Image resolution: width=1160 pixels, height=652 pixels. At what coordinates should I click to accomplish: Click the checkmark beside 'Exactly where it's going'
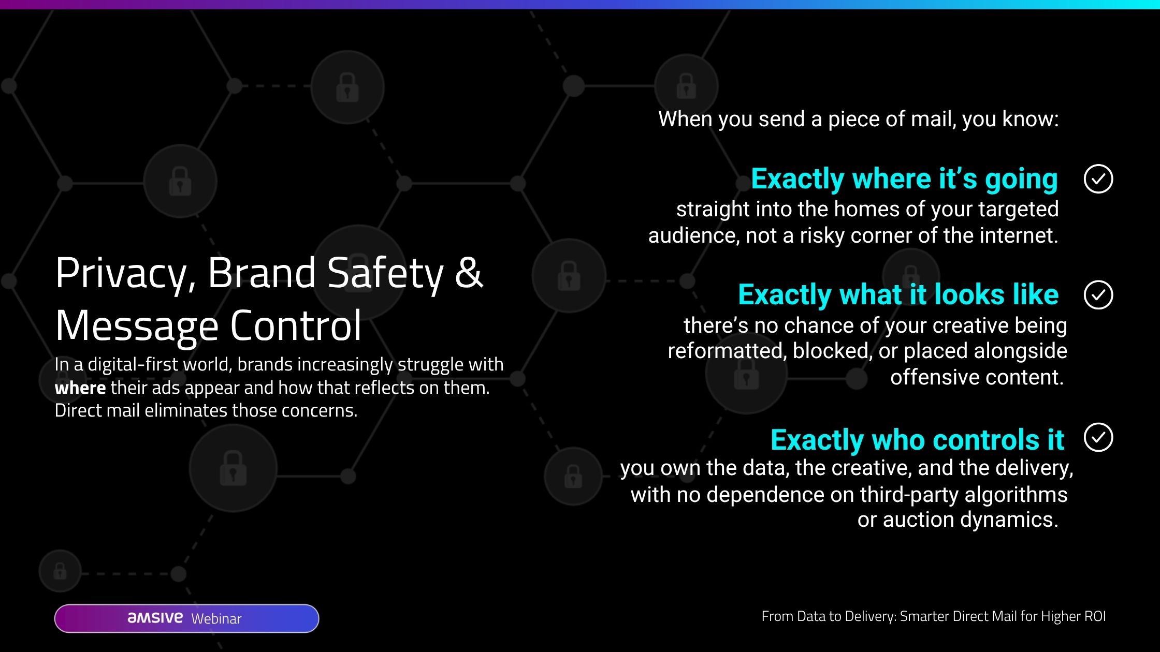pos(1098,179)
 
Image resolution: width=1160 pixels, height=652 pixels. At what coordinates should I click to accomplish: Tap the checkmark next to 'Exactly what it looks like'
pos(1098,295)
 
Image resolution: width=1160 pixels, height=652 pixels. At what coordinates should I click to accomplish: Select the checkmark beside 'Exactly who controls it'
pos(1098,437)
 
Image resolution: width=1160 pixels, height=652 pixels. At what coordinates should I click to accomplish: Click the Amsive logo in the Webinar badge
pos(155,617)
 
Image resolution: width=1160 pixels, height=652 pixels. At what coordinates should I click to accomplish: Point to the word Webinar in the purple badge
pos(216,618)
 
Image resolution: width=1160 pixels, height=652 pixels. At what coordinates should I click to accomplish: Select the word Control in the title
pos(295,325)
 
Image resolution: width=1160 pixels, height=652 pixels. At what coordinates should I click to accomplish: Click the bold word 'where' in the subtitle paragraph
pos(80,388)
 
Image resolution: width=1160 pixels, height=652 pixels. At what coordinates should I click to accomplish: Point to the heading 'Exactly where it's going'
pos(904,179)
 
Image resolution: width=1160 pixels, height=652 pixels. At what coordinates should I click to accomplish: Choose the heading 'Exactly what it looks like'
pos(898,295)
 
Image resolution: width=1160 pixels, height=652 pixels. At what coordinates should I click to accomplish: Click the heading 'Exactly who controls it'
pos(917,440)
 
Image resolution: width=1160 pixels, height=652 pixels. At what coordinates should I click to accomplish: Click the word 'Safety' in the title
pos(385,274)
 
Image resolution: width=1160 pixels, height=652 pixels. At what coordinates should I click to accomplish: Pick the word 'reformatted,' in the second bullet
pos(727,351)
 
